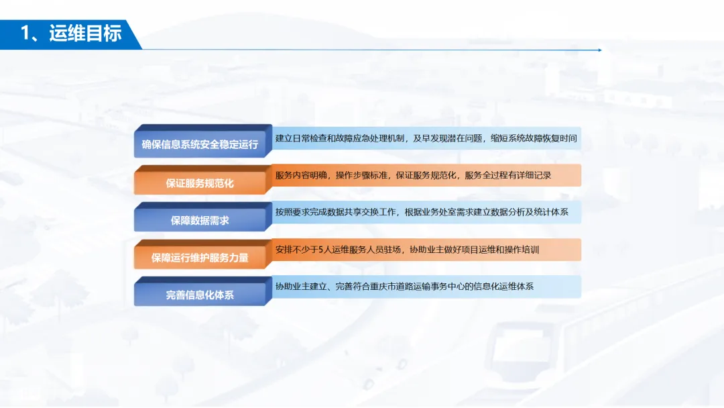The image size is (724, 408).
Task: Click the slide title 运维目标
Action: coord(85,33)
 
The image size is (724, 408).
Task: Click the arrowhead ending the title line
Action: coord(599,50)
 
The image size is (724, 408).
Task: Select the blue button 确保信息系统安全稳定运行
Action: coord(200,144)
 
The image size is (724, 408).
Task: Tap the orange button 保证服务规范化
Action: coord(200,182)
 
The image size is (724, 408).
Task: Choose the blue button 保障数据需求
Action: coord(200,219)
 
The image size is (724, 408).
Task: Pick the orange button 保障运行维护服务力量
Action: coord(200,257)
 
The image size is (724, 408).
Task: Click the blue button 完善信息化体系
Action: coord(200,294)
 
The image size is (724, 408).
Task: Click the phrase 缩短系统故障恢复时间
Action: coord(534,138)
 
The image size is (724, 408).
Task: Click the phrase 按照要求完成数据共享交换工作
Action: coord(337,212)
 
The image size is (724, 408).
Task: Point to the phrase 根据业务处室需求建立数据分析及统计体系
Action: coord(486,212)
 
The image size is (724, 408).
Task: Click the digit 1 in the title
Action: coord(25,33)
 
